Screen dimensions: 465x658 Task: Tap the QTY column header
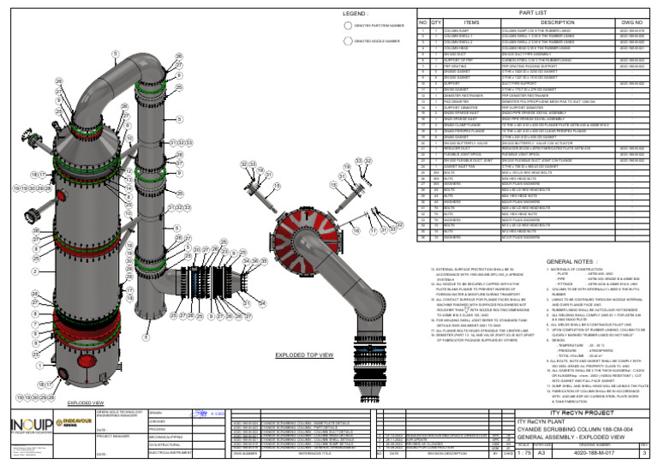(435, 22)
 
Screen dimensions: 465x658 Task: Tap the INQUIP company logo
(27, 426)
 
